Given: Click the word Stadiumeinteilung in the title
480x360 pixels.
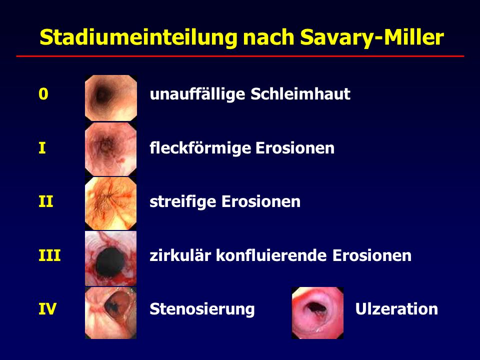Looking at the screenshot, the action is pyautogui.click(x=138, y=38).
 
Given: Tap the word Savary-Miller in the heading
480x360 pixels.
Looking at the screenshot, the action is pyautogui.click(x=372, y=37).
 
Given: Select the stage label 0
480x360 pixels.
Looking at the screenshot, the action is pyautogui.click(x=43, y=93).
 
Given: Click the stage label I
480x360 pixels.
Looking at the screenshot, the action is pyautogui.click(x=42, y=148).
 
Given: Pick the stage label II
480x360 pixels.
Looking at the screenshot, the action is pyautogui.click(x=46, y=201).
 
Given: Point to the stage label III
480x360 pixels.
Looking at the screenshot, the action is pyautogui.click(x=49, y=255).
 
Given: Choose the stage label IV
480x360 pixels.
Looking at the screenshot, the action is pyautogui.click(x=47, y=308).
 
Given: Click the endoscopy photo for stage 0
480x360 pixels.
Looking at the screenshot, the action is pyautogui.click(x=111, y=98).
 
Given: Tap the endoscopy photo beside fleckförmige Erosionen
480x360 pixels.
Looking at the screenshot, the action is pyautogui.click(x=111, y=149).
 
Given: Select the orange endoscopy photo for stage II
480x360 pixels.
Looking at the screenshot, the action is pyautogui.click(x=111, y=203).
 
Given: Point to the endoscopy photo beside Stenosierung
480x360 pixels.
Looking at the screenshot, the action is pyautogui.click(x=111, y=312).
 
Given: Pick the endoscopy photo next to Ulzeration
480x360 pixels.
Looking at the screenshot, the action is pyautogui.click(x=317, y=313).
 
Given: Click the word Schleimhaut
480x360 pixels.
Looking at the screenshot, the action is pyautogui.click(x=300, y=93).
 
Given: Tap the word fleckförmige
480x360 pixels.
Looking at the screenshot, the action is pyautogui.click(x=199, y=148).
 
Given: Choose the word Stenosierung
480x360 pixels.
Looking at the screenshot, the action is pyautogui.click(x=202, y=309).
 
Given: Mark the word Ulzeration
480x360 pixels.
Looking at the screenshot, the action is pyautogui.click(x=396, y=309).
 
